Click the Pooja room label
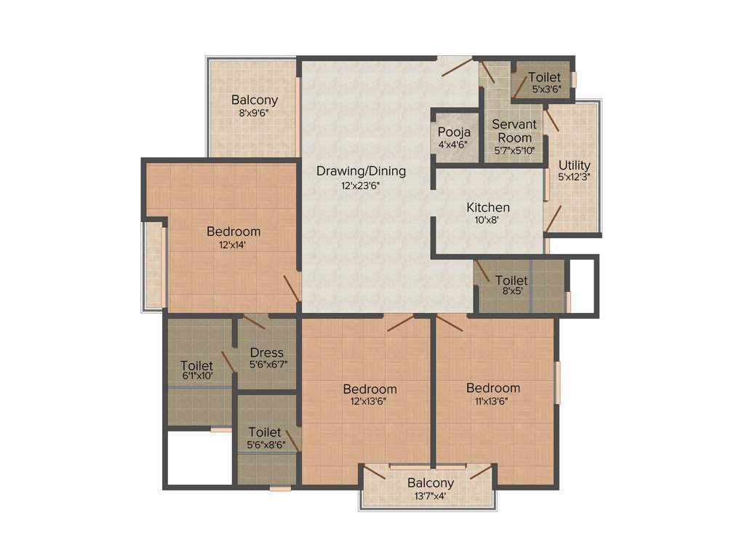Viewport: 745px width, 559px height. coord(454,132)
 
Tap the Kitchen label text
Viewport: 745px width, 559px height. coord(488,207)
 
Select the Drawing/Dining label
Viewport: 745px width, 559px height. coord(361,171)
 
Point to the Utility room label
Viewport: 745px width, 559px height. coord(575,165)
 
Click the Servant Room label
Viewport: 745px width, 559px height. coord(514,131)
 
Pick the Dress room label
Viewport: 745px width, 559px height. coord(266,353)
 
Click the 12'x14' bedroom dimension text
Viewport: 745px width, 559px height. coord(234,245)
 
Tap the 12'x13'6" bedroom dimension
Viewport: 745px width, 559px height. coord(370,401)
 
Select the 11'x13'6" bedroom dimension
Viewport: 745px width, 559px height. coord(493,400)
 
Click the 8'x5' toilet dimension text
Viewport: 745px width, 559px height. coord(511,293)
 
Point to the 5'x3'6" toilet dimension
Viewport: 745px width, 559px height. coord(545,90)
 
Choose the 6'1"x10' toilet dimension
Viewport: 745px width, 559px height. coord(196,377)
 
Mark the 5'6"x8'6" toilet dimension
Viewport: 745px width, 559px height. coord(265,444)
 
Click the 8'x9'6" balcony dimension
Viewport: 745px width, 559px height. coord(254,113)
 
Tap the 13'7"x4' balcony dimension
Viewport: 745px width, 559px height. coord(430,496)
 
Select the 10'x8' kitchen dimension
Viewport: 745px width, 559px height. coord(488,221)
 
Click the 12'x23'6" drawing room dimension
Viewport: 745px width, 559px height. coord(361,185)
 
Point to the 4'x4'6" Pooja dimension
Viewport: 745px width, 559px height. coord(454,144)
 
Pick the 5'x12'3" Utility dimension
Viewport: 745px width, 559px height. coord(575,177)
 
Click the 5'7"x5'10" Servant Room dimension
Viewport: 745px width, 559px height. coord(514,151)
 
